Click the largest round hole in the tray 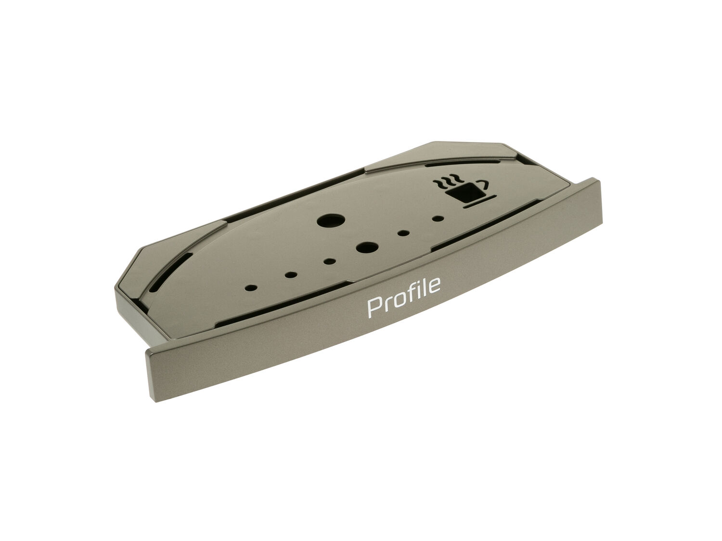click(331, 221)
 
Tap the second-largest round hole click(367, 247)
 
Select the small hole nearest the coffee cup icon click(438, 218)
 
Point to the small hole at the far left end click(251, 288)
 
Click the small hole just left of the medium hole click(329, 262)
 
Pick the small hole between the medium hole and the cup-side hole click(403, 233)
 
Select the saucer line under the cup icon click(479, 202)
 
